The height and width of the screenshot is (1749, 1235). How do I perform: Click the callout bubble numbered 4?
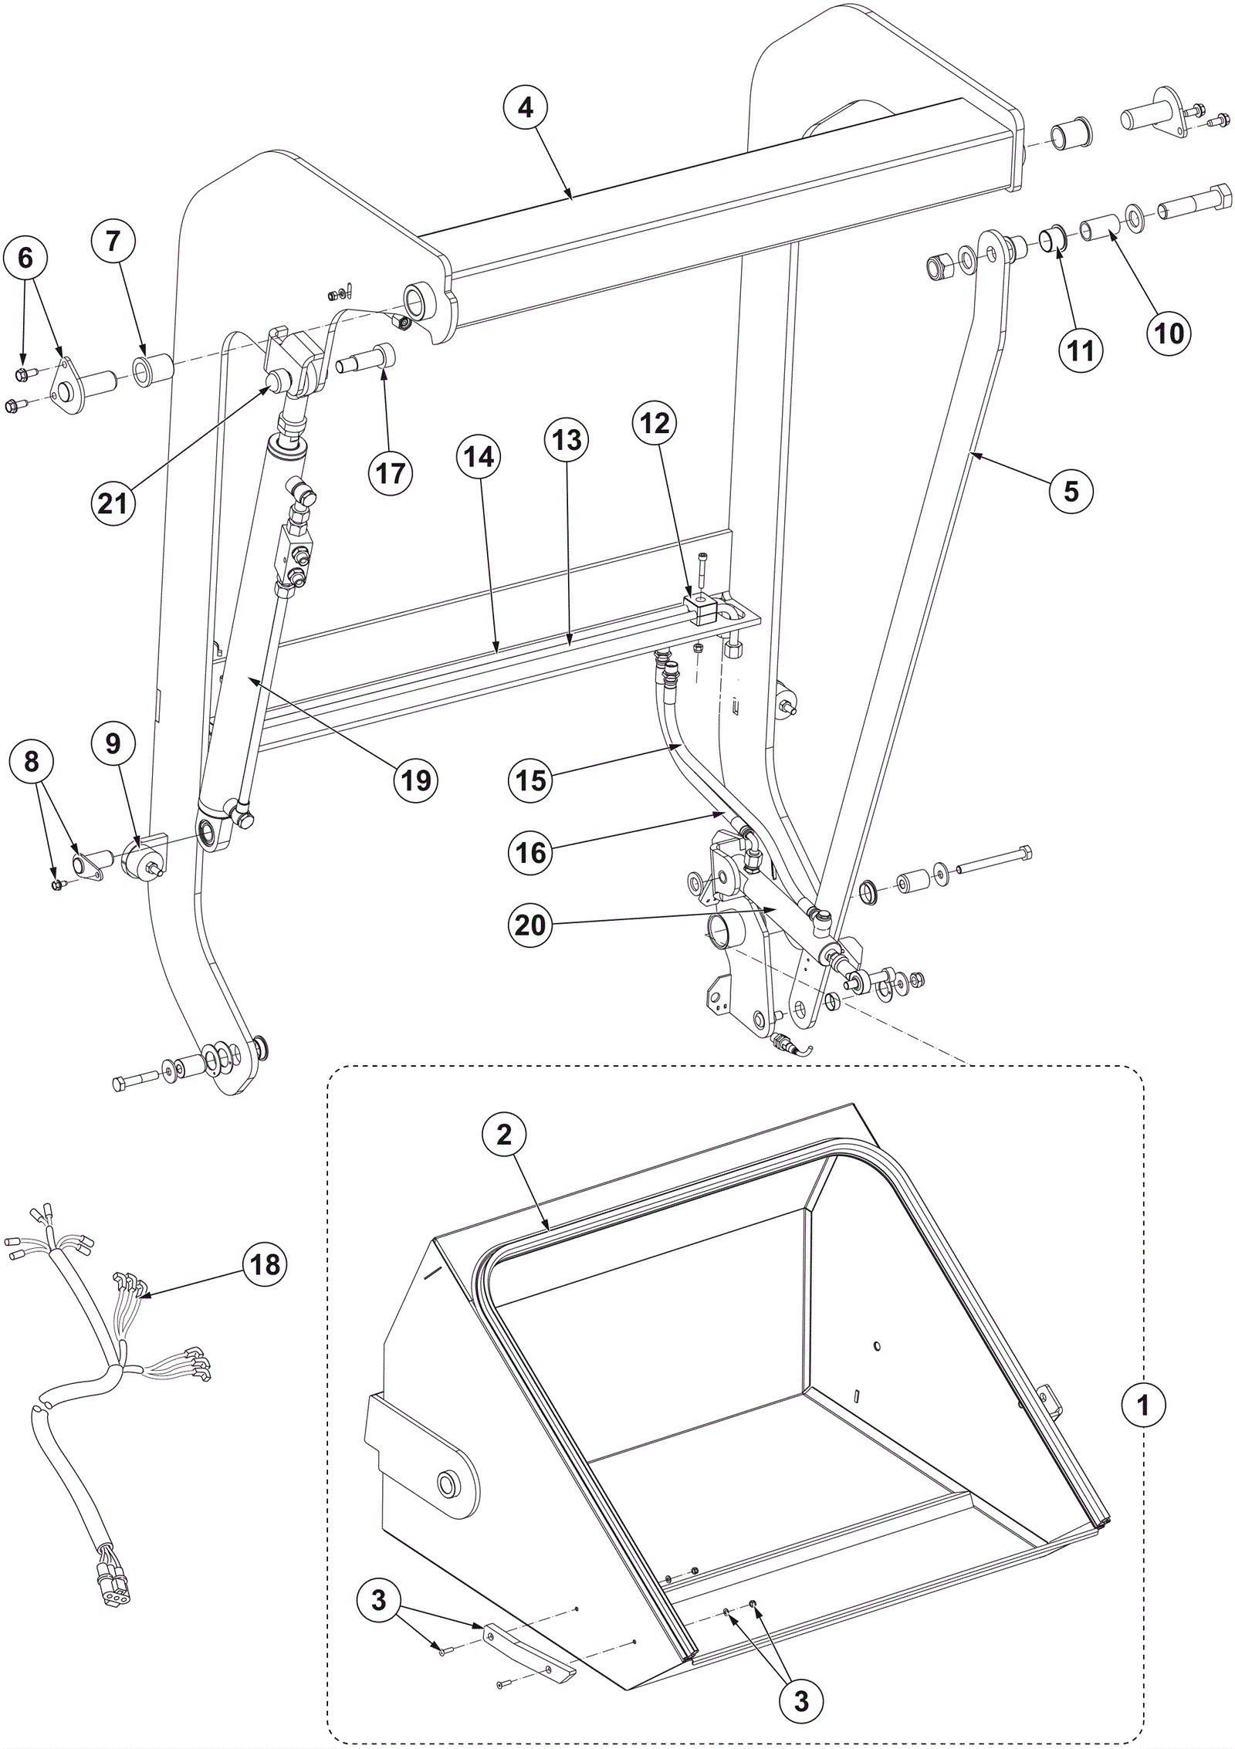point(526,108)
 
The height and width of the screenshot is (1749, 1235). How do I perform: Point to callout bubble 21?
point(113,503)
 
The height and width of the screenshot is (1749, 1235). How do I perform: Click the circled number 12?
point(655,423)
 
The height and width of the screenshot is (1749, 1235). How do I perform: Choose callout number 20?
point(530,925)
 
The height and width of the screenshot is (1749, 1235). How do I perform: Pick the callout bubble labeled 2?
point(504,1135)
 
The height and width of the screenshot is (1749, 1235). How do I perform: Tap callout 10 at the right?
point(1169,333)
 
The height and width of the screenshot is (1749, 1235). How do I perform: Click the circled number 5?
point(1071,491)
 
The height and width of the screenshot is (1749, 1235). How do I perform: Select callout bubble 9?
point(113,743)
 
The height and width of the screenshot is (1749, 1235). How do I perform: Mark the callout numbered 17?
point(391,472)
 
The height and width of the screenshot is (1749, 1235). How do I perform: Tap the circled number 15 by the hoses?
point(530,780)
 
